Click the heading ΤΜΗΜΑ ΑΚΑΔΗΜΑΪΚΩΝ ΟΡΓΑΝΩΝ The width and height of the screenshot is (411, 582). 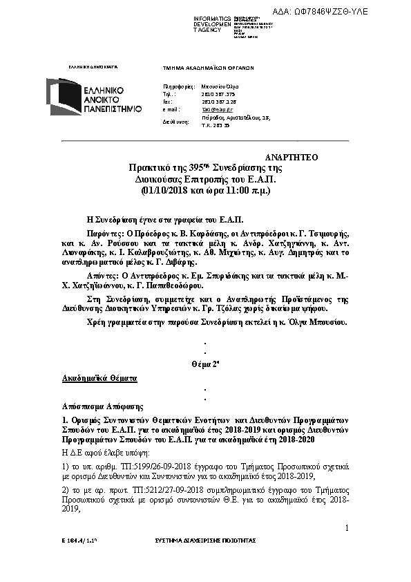209,68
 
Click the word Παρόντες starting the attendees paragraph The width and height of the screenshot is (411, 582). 106,235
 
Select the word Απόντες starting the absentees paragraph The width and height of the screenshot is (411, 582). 104,275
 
